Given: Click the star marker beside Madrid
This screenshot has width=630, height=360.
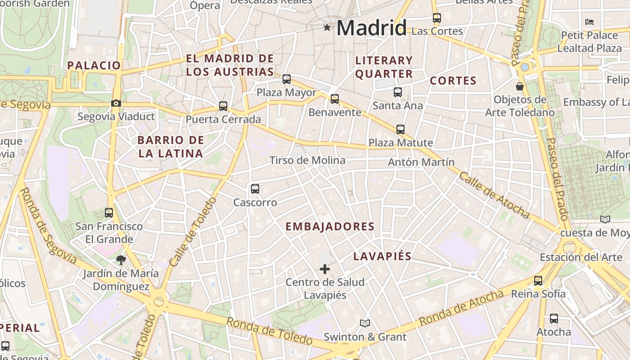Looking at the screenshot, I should [327, 28].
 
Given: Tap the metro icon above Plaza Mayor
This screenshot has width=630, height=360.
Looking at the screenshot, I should [287, 79].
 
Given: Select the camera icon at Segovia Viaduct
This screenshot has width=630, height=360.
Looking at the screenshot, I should [116, 103].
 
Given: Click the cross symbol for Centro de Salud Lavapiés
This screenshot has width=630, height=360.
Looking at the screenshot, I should [324, 269].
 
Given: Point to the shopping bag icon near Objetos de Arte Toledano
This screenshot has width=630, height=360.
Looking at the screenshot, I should [520, 86].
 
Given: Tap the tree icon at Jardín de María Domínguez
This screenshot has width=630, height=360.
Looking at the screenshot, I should [121, 260].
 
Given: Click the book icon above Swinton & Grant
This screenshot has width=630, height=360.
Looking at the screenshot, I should [365, 323].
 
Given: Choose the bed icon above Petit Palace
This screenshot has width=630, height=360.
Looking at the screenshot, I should [589, 22].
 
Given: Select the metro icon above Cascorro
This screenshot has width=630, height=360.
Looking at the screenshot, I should [255, 189].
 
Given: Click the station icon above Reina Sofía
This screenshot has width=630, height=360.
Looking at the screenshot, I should [538, 281].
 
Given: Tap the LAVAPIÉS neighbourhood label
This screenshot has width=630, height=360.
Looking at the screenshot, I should [382, 256].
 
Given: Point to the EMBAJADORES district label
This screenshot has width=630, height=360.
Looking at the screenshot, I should [330, 226].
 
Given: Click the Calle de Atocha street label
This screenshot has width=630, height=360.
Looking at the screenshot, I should [494, 195].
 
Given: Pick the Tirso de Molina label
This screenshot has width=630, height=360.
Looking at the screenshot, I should [307, 160].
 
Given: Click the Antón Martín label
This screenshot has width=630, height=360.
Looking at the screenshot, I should [421, 162].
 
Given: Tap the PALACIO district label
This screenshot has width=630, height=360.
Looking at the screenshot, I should [94, 65].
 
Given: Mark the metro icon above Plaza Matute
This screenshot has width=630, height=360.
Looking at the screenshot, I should [400, 130].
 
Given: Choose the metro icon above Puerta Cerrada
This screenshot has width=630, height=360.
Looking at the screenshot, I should [223, 106].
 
